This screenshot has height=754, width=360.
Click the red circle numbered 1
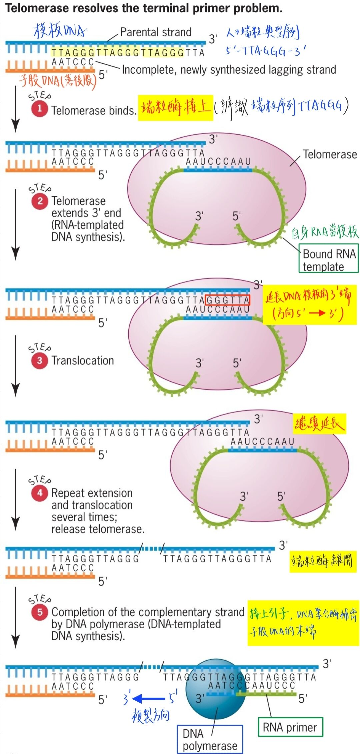tap(39, 109)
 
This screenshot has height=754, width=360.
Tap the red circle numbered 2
tap(40, 201)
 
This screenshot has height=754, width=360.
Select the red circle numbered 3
tap(39, 360)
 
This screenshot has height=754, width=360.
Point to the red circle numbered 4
tap(40, 493)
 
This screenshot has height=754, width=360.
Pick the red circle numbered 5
tap(40, 612)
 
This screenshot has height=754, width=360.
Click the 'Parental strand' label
tap(156, 32)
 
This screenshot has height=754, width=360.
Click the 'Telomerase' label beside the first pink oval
tap(330, 154)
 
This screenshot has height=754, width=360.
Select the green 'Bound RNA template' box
tap(328, 259)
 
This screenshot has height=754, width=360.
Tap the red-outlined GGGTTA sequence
tap(228, 300)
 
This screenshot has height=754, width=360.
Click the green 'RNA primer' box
tap(290, 727)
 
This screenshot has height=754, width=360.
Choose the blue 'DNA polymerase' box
tap(210, 739)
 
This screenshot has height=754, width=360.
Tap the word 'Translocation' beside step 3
tap(83, 360)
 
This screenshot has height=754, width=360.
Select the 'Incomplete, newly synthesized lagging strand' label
tap(229, 70)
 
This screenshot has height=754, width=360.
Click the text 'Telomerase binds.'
tap(94, 110)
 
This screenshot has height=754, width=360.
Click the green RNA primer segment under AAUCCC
tap(267, 694)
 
